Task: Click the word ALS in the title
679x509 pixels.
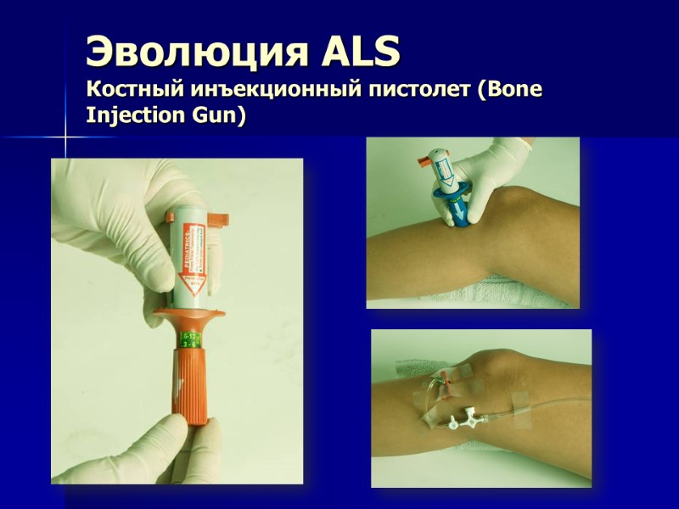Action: pos(361,53)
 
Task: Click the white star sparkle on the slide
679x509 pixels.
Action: pos(65,135)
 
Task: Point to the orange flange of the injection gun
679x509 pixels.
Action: pos(192,322)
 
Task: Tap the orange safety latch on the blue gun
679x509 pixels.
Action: pos(425,159)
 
